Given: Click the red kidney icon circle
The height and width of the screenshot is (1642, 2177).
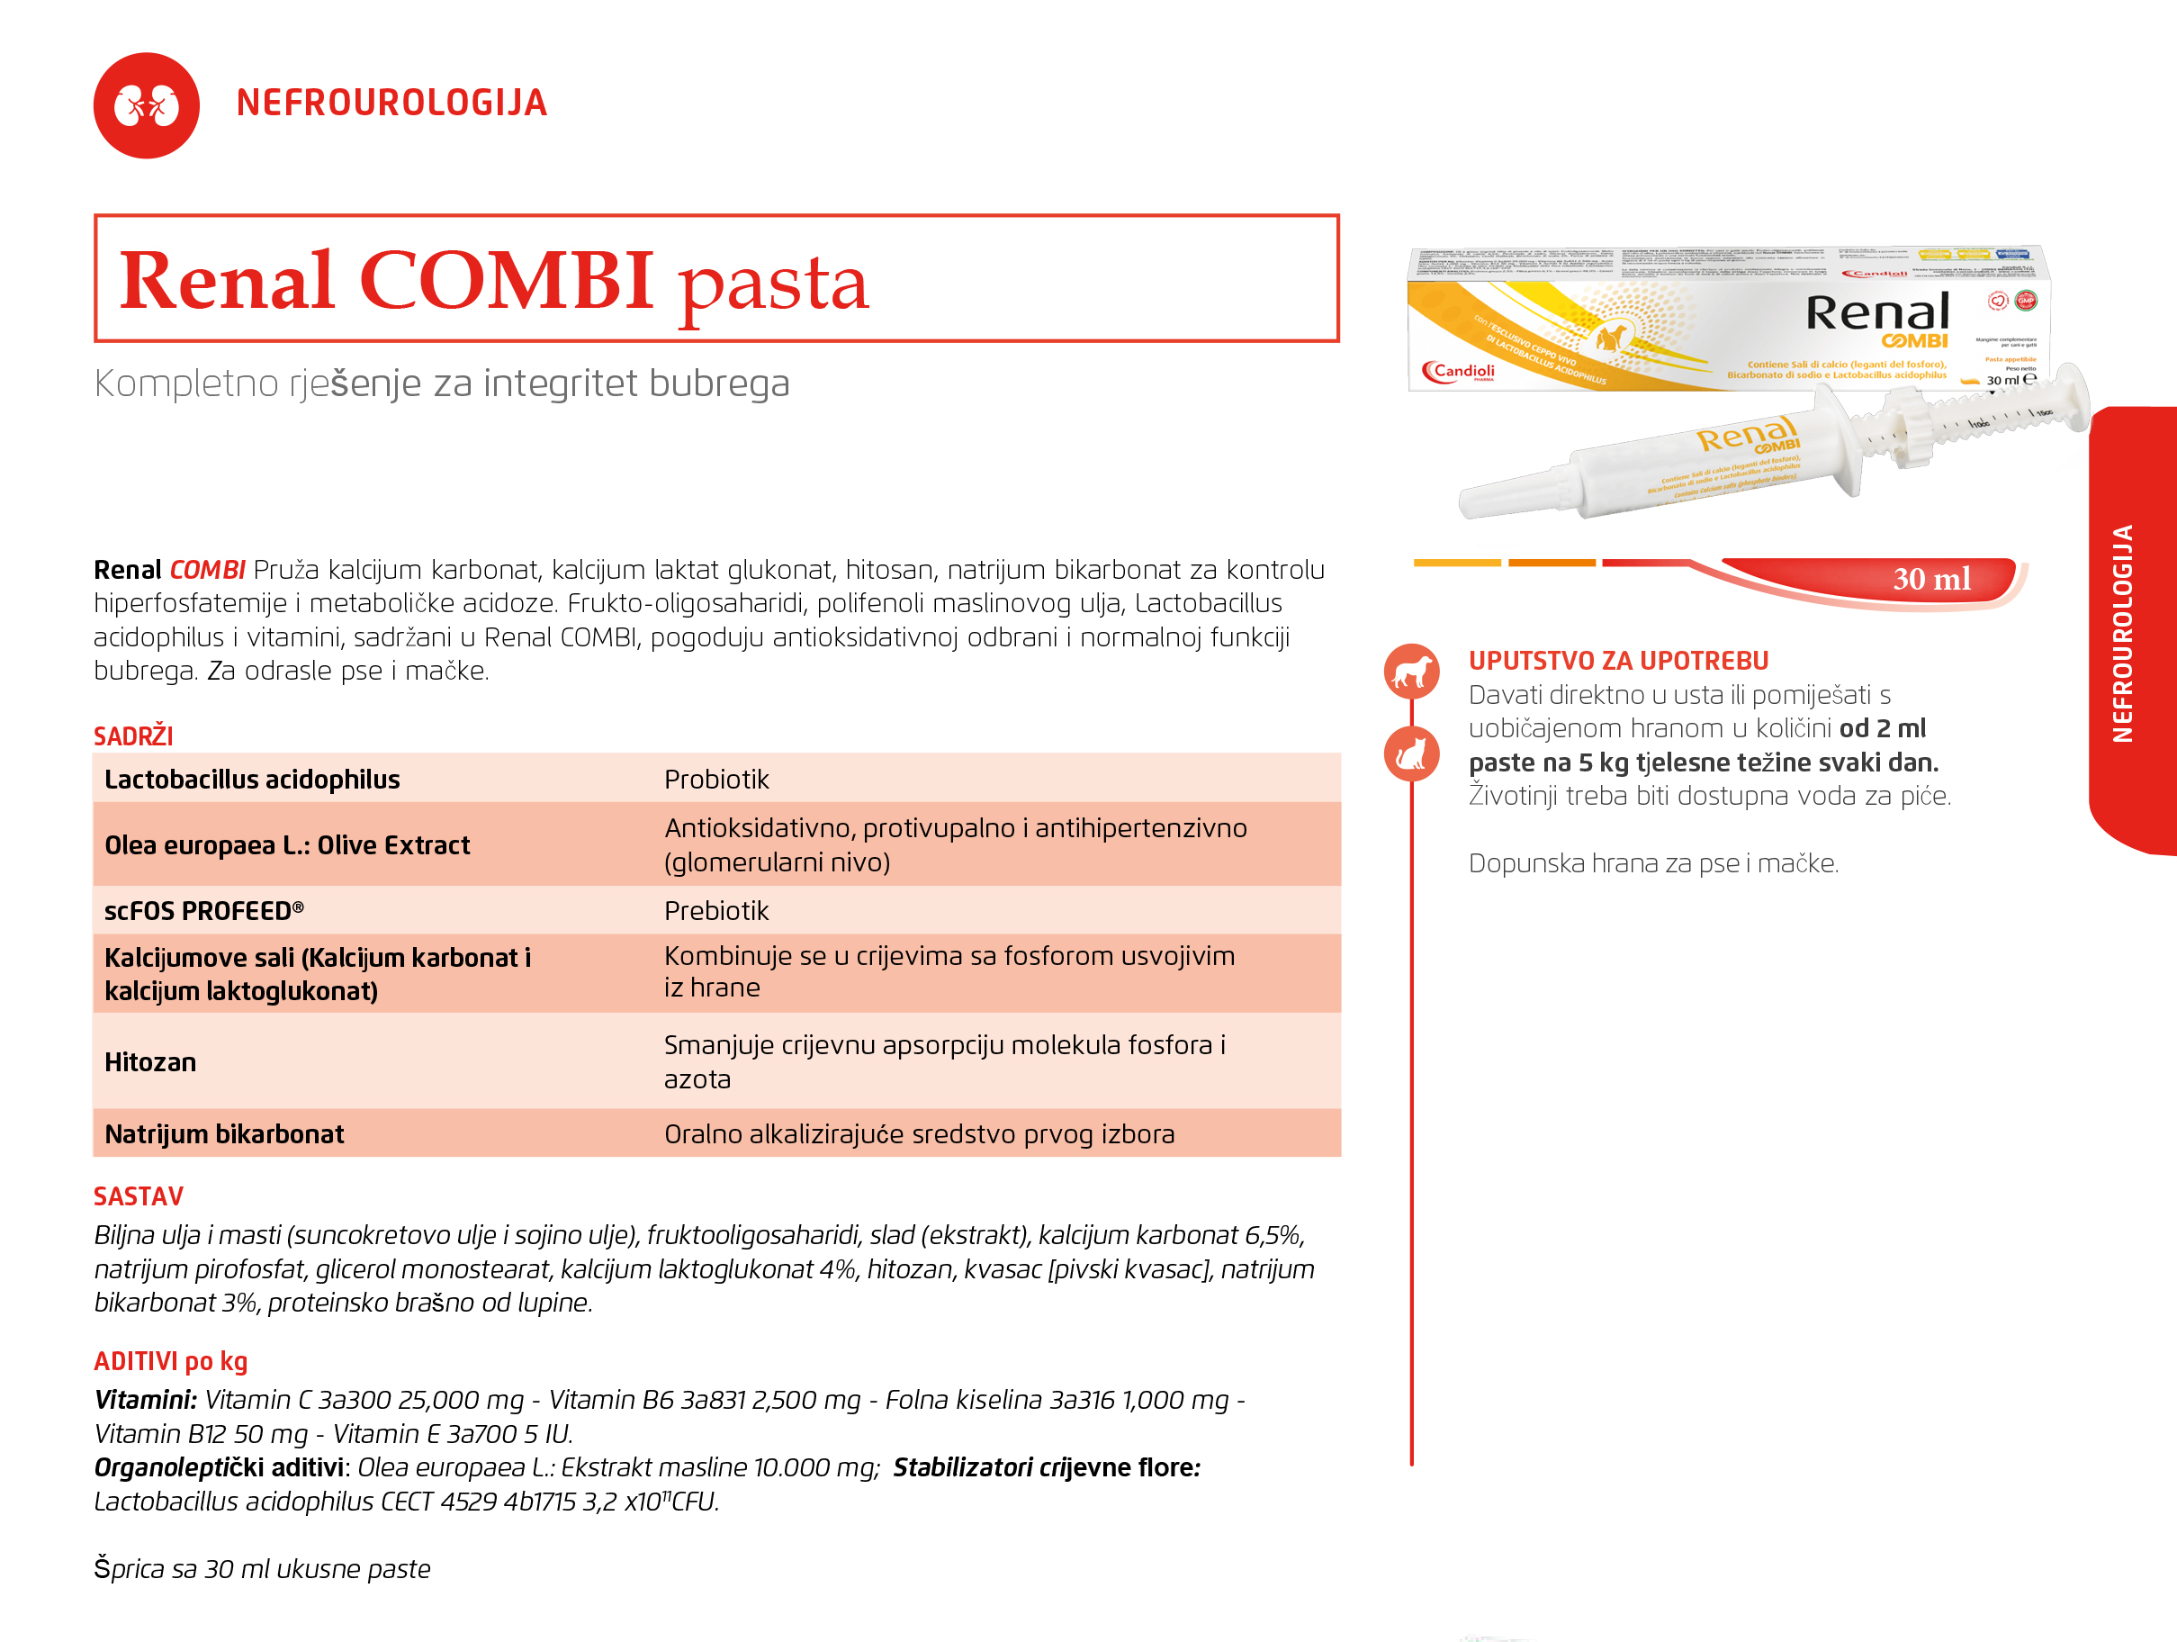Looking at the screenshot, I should coord(146,105).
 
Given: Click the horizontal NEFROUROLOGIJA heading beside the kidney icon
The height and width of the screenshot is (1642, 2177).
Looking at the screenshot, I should coord(391,104).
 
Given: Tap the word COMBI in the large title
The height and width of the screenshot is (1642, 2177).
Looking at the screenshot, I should coord(506,281).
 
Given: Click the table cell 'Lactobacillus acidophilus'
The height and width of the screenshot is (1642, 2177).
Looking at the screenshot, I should coord(252,780).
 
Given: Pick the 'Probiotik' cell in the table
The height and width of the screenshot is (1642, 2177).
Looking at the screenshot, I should coord(716,780).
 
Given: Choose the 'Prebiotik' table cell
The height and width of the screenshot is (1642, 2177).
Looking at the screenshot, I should coord(716,911).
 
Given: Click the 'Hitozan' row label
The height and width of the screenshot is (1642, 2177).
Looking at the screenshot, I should coord(150,1062).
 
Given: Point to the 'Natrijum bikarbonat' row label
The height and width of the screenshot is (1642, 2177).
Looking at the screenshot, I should coord(224,1134).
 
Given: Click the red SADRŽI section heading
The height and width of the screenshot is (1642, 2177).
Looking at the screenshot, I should coord(133,736).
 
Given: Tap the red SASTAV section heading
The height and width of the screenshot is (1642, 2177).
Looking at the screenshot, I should coord(139,1196).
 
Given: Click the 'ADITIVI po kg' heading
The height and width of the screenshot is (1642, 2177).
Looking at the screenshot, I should coord(170,1361).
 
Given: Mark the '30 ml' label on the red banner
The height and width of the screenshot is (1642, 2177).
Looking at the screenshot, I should coord(1931,579).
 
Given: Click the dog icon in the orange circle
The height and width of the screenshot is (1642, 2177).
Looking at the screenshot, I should coord(1411,672).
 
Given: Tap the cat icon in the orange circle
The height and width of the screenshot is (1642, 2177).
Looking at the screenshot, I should coord(1411,754).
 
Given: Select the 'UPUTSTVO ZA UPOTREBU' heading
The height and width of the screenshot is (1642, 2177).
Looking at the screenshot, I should coord(1618,661).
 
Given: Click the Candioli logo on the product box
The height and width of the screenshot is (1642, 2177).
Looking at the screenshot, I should coord(1459,372).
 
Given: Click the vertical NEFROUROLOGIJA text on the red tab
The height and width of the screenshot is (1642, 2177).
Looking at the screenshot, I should coord(2122,633).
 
